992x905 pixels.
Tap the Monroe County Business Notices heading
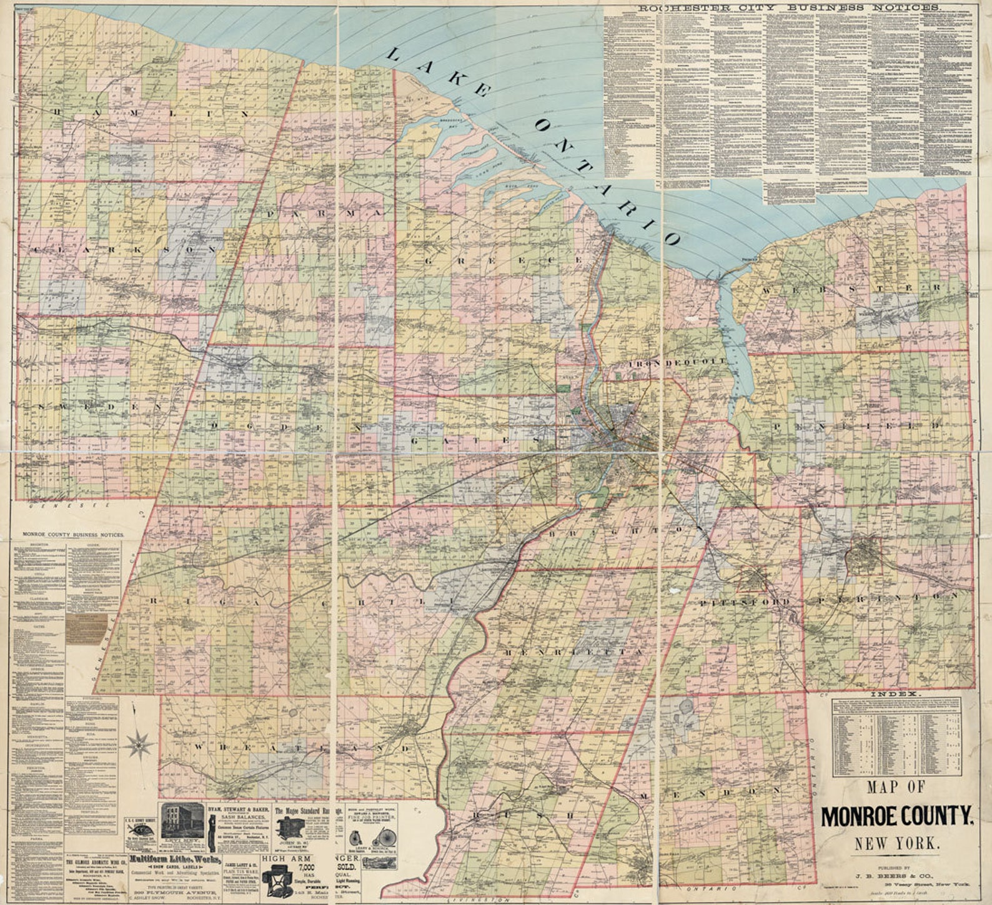73,535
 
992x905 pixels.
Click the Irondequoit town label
677,362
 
